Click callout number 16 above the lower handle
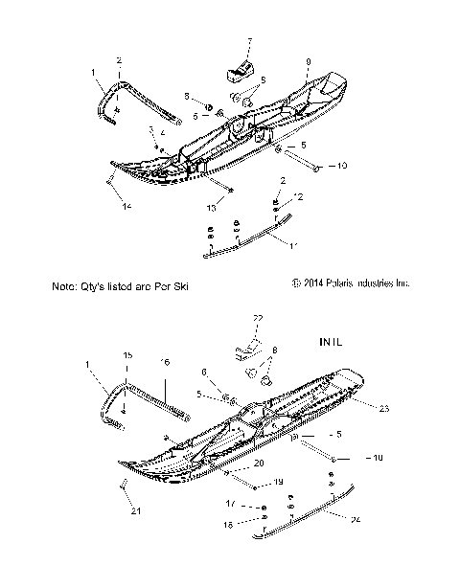coord(164,363)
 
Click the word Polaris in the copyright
coord(337,283)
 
